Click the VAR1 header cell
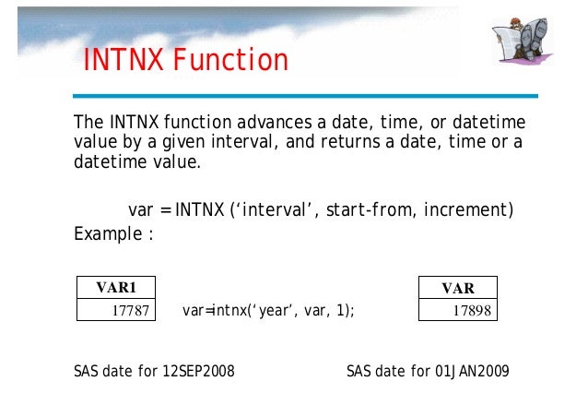point(116,288)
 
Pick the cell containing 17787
point(116,311)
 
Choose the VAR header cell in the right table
point(458,288)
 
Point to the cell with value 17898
point(458,311)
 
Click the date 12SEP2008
point(198,372)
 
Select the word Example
point(106,232)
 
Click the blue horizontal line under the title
point(304,95)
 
